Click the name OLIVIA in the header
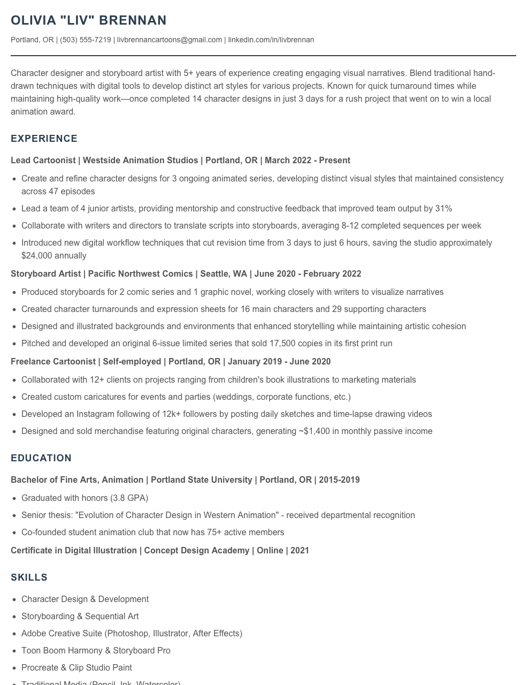[33, 20]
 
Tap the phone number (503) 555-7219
[86, 40]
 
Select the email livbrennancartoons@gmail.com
[170, 40]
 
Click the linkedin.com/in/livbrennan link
[271, 40]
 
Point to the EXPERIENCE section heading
[44, 139]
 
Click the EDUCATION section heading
[41, 458]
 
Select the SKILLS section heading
[29, 577]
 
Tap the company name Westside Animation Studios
[141, 161]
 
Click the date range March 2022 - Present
[308, 161]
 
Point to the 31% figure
[443, 209]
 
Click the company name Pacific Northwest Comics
[140, 274]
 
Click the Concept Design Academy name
[197, 551]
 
